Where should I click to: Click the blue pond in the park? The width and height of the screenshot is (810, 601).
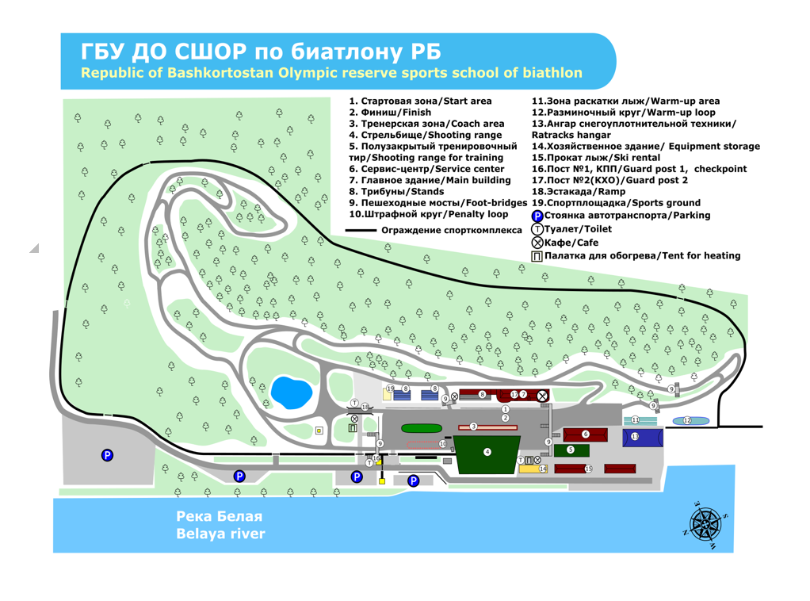point(291,391)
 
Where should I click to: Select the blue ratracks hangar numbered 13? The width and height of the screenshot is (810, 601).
point(641,437)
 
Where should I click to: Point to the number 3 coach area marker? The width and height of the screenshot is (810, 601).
point(473,427)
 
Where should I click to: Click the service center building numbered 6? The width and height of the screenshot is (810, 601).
point(585,434)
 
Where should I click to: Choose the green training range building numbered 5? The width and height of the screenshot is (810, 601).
point(571,450)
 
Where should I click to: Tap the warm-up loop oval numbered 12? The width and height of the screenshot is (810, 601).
point(687,420)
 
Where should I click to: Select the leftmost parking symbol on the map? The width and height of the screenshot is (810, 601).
point(107,455)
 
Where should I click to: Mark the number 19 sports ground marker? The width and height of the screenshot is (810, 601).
point(390,389)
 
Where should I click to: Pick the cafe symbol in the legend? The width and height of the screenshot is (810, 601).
point(537,243)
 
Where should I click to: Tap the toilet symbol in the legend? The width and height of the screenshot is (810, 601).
point(537,229)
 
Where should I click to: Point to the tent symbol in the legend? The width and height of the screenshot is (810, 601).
point(537,256)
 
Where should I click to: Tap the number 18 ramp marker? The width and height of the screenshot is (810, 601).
point(365,407)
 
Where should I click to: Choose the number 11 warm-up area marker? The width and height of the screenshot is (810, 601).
point(635,419)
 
